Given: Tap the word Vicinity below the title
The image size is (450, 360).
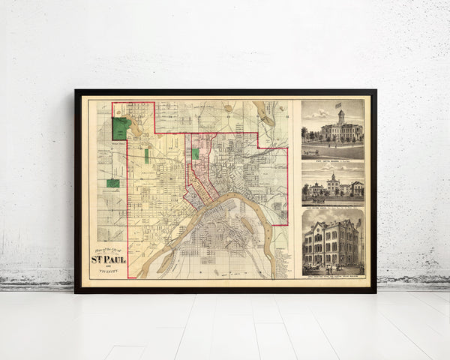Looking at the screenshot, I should click(x=109, y=272).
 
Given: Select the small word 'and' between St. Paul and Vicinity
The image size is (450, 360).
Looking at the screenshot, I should click(x=109, y=267).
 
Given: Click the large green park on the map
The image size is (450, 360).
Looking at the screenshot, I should click(x=120, y=127).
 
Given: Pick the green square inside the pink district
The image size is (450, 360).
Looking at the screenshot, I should click(x=195, y=153).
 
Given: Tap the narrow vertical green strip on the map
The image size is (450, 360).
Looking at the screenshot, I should click(x=146, y=156).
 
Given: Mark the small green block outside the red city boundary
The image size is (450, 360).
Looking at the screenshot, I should click(x=112, y=182).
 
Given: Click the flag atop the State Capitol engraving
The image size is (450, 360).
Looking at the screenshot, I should click(x=339, y=105).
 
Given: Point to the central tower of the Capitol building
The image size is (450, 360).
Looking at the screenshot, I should click(x=341, y=118).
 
